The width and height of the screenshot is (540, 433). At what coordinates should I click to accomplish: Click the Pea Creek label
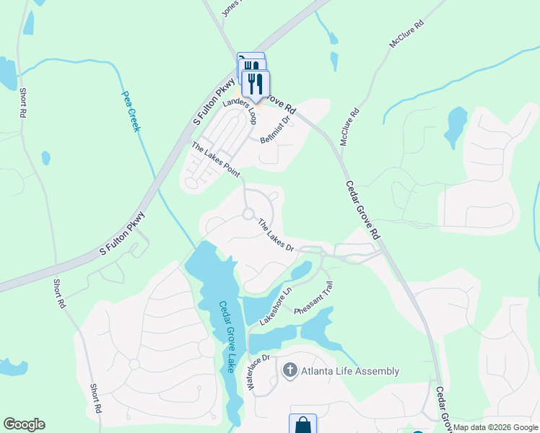[130, 111]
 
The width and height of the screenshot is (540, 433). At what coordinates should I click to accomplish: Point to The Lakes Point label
[214, 159]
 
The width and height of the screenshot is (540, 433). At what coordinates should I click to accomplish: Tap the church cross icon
[289, 371]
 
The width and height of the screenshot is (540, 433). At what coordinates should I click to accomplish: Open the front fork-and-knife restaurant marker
[256, 84]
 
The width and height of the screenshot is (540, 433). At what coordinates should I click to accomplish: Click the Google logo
[24, 424]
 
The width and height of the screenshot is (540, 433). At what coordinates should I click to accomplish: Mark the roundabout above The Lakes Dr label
[249, 214]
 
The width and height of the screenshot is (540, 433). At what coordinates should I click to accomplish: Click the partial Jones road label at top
[230, 7]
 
